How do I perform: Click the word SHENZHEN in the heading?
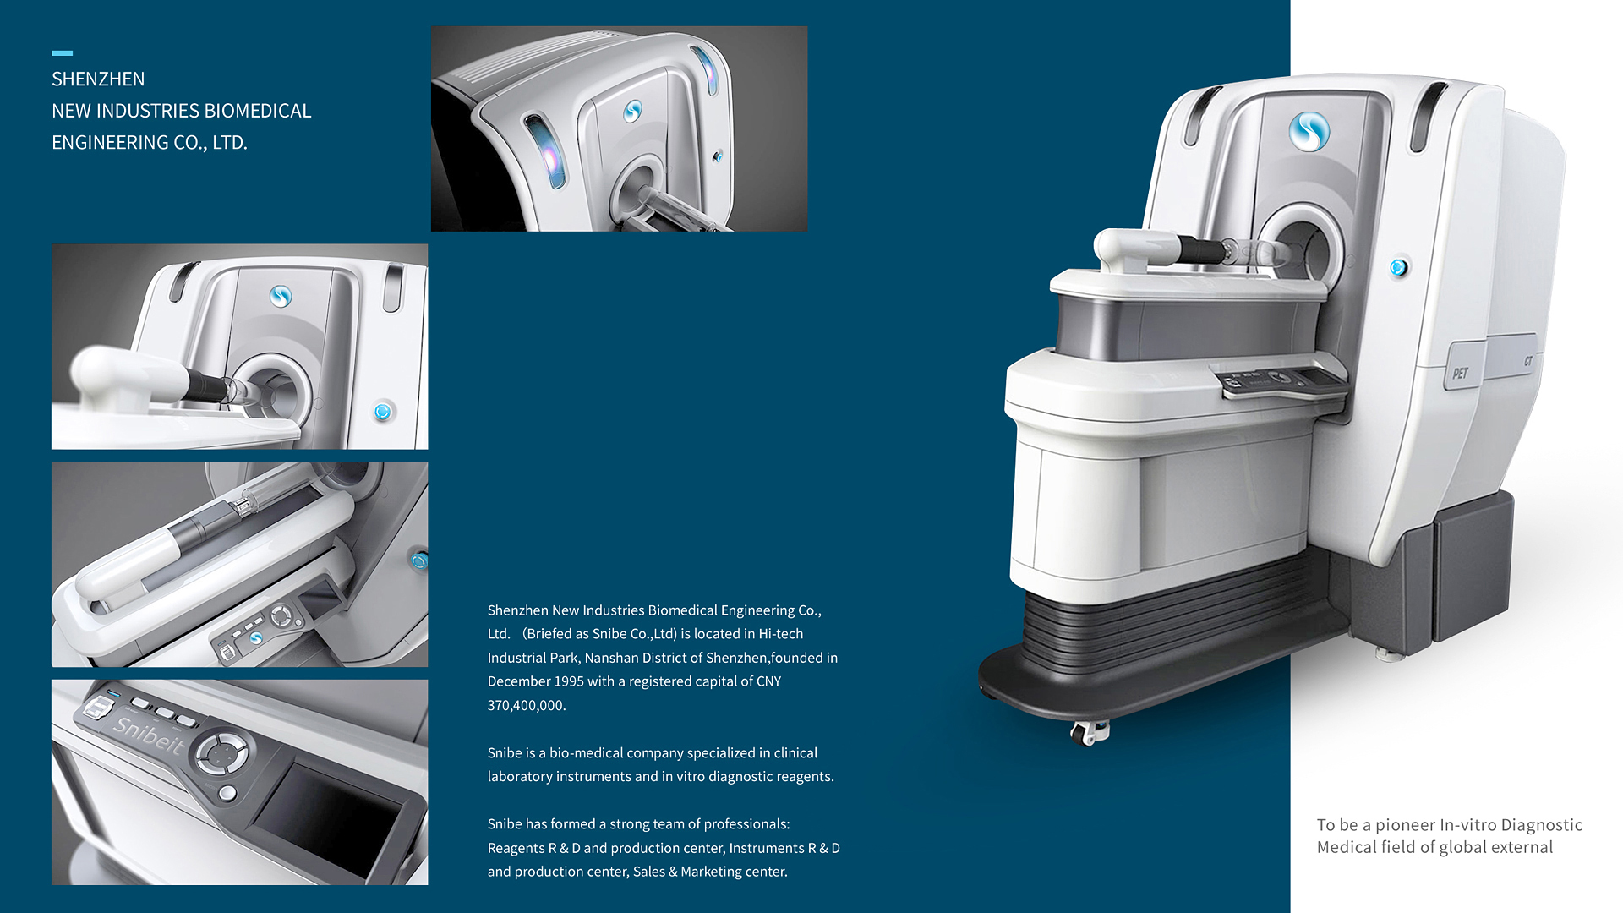click(98, 79)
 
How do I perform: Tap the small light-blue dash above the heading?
click(63, 53)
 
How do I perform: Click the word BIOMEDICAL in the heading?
click(258, 111)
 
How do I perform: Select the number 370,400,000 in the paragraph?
click(525, 705)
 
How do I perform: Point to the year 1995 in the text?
click(567, 681)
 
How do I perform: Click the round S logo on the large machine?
click(1309, 132)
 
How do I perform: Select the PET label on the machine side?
click(1460, 374)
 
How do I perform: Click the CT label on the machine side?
click(1528, 362)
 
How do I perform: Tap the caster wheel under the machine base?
click(1088, 732)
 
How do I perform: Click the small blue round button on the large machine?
click(1398, 268)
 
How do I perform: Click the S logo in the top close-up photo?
click(632, 111)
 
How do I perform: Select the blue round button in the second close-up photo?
click(383, 412)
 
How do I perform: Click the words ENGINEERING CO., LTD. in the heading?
click(150, 143)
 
